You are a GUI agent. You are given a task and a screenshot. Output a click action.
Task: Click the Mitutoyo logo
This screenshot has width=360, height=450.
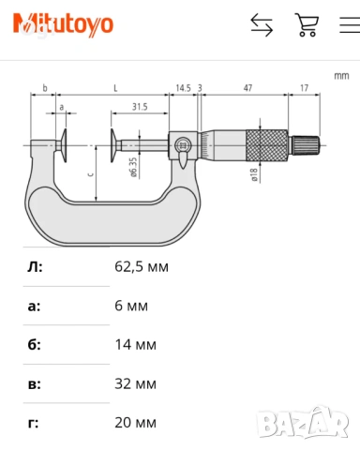[63, 24]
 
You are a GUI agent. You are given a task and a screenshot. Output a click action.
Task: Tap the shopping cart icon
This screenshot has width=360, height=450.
[307, 24]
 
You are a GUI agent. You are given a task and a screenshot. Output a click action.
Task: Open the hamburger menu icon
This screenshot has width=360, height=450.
[350, 24]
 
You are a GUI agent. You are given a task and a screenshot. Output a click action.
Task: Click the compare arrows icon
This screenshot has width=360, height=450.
[262, 24]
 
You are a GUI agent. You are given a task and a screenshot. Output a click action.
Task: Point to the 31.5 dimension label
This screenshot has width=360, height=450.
[140, 107]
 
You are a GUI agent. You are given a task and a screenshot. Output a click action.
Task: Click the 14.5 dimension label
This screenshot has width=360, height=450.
[183, 88]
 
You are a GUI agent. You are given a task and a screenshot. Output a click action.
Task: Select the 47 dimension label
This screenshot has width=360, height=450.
[247, 88]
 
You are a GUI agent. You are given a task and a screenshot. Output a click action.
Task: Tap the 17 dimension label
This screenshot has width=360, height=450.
[304, 88]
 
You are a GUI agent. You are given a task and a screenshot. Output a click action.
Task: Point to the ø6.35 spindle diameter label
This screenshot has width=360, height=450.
[133, 168]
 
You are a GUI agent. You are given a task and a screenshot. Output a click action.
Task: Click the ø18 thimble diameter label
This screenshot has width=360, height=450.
[254, 175]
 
